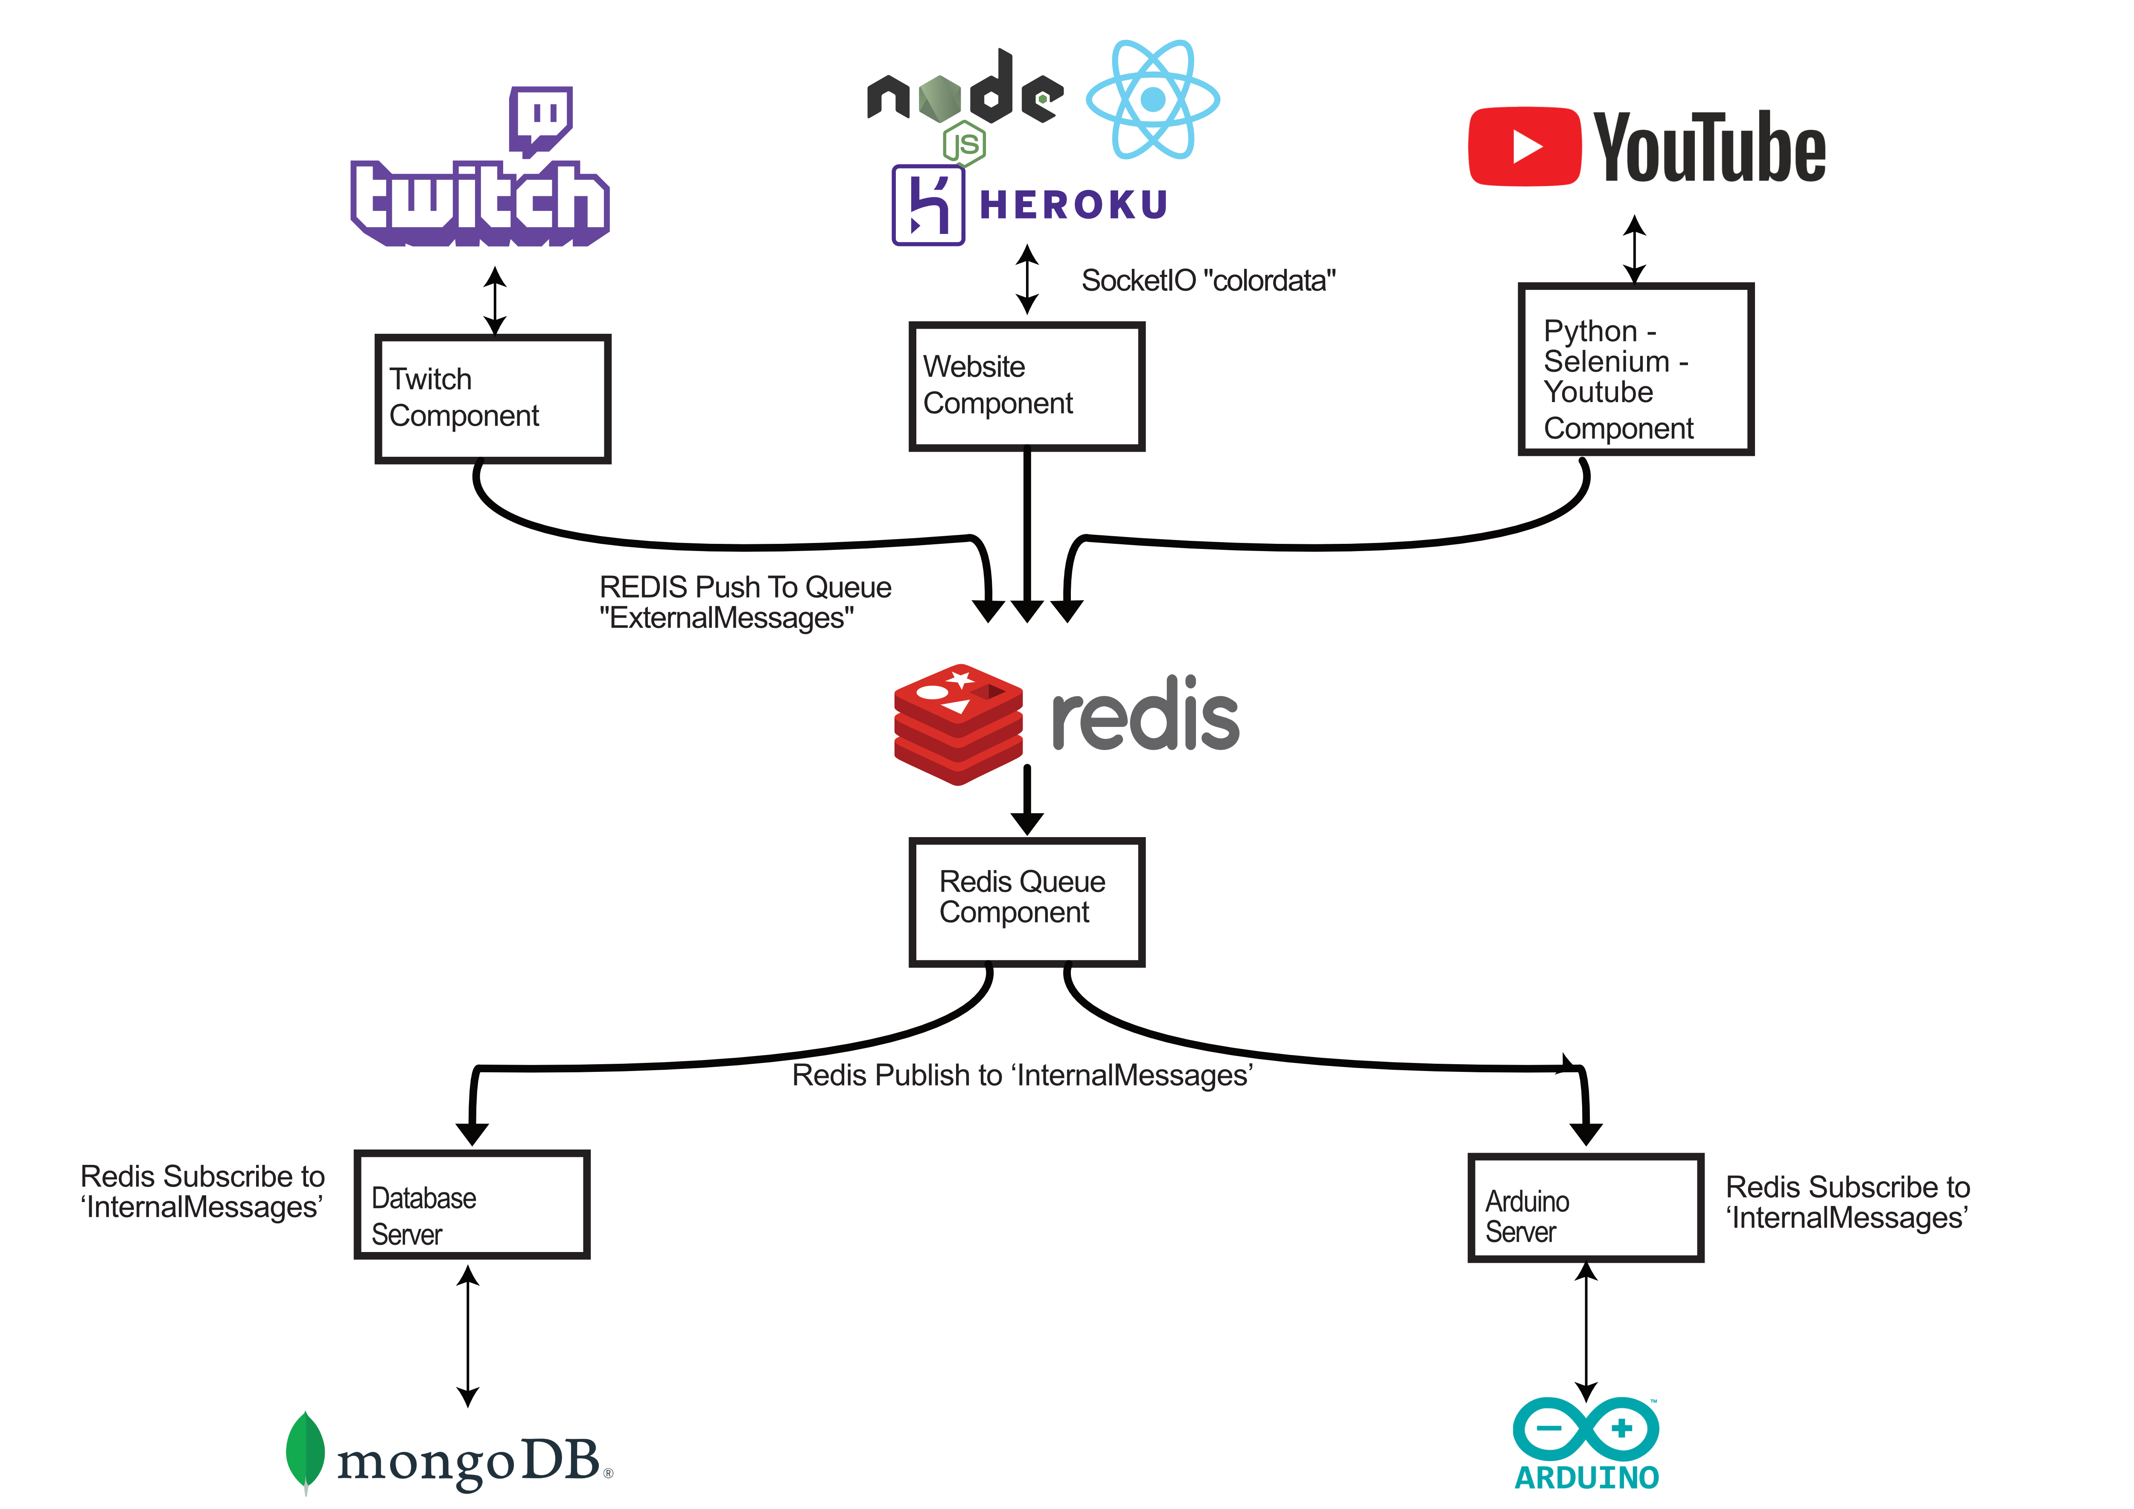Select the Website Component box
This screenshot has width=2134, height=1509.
coord(1026,386)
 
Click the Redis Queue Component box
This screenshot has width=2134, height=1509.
coord(1026,902)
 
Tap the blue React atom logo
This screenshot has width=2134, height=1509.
coord(1152,99)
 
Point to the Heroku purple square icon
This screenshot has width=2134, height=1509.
coord(927,205)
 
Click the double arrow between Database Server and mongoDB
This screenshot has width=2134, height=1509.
coord(469,1336)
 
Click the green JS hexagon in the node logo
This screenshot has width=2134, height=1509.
coord(964,144)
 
